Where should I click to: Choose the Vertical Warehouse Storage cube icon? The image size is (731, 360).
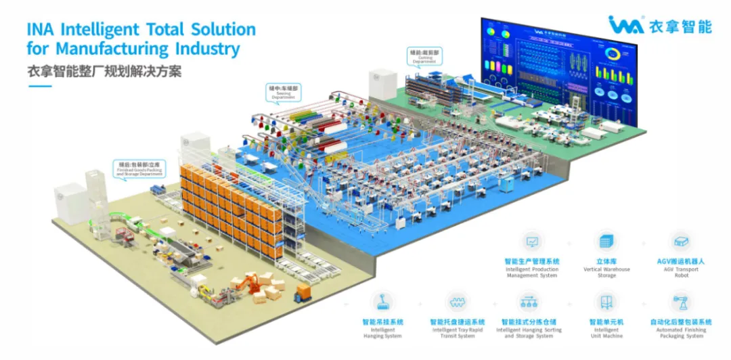coord(606,242)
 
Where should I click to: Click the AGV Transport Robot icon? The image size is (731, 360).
coord(679,242)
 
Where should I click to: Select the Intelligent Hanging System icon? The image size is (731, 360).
coord(382,302)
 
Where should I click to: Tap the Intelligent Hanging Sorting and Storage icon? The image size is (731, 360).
coord(531,302)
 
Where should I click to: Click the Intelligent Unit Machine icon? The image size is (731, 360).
coord(606,302)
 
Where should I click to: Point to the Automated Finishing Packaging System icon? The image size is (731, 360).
coord(680,302)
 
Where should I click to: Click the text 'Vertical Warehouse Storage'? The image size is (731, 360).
coord(606,273)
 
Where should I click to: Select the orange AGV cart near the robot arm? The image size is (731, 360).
coord(303,292)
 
